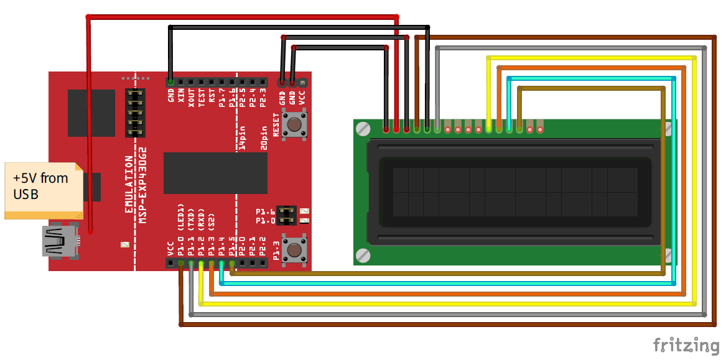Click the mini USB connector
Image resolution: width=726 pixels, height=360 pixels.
pos(61,241)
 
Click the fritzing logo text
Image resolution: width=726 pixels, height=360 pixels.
pos(686,345)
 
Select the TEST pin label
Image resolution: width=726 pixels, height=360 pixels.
pos(202,97)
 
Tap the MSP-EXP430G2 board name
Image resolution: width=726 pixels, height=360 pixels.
pos(142,185)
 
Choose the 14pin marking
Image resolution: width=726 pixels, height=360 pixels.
pos(243,137)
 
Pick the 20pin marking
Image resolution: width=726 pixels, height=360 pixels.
pos(264,137)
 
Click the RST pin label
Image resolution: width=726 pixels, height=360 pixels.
pos(212,96)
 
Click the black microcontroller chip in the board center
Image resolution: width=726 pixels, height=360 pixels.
pos(215,173)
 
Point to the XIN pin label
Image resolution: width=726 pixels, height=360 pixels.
pos(181,96)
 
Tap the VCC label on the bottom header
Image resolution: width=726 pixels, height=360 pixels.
pos(170,248)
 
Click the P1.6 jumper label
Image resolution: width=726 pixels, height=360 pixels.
pos(265,212)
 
